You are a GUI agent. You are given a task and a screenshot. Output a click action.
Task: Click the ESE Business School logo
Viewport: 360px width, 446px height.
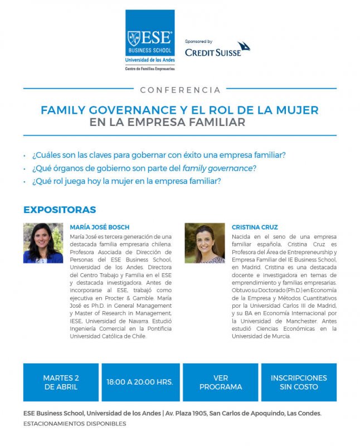pos(150,38)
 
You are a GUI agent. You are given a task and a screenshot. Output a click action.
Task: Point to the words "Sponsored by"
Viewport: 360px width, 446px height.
pos(198,41)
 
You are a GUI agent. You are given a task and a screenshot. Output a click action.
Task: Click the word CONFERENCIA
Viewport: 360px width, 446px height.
pos(180,90)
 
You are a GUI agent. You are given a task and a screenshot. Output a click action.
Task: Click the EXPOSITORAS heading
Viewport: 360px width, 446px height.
pos(60,210)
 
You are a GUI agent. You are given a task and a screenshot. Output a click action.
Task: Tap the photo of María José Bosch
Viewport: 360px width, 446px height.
pos(43,243)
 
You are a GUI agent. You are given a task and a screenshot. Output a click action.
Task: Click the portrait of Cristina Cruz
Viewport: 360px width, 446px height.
pos(205,243)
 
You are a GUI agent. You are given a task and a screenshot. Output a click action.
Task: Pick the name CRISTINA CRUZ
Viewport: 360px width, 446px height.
pos(255,227)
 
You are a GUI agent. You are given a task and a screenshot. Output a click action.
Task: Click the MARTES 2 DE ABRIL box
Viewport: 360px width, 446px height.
pos(61,382)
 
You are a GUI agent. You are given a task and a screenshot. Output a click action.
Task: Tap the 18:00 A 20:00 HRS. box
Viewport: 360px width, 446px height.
pos(140,382)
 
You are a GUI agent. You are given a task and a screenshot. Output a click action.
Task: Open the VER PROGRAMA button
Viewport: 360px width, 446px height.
pos(220,382)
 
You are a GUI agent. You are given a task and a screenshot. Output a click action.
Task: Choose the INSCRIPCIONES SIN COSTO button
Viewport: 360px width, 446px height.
pos(299,382)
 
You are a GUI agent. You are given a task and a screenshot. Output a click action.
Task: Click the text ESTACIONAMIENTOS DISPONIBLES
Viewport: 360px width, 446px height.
pos(75,424)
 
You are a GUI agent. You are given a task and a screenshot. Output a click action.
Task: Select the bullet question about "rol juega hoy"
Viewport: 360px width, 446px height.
pos(127,181)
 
